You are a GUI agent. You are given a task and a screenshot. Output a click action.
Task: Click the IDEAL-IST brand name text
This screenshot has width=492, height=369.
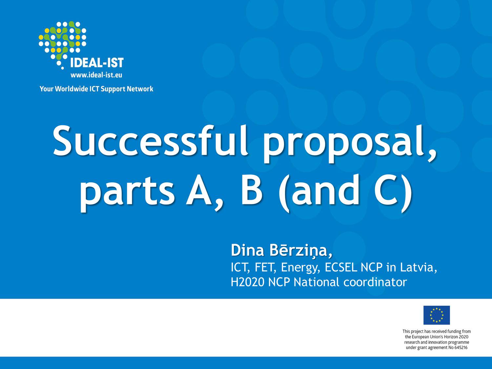(x=97, y=63)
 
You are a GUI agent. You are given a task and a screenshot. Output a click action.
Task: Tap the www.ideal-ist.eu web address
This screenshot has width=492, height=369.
(x=96, y=75)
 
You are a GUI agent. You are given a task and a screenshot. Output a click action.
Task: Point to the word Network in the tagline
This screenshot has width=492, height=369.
(x=140, y=89)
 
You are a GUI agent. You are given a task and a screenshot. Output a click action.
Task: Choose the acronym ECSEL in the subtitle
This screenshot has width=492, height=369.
(x=340, y=267)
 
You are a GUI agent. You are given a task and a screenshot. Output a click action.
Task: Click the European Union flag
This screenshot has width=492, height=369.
(x=436, y=315)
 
